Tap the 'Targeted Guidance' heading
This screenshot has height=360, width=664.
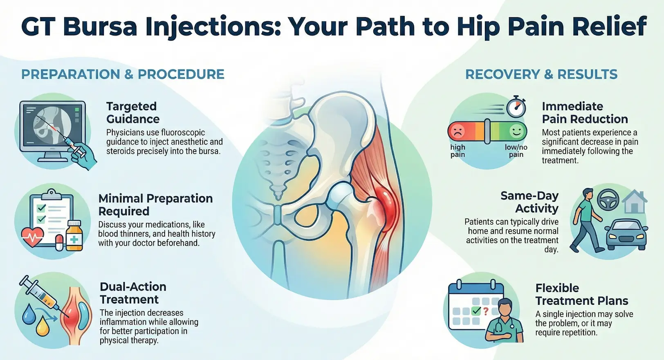pyautogui.click(x=133, y=113)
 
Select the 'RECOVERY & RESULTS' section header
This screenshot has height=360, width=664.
pyautogui.click(x=541, y=74)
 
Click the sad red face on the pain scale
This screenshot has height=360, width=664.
pyautogui.click(x=458, y=131)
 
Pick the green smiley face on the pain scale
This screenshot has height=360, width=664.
pyautogui.click(x=516, y=131)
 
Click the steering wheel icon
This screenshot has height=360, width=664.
pyautogui.click(x=608, y=200)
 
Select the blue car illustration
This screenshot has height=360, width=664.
pyautogui.click(x=626, y=235)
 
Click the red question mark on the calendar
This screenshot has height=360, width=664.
pyautogui.click(x=486, y=311)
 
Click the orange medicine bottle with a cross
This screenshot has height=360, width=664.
pyautogui.click(x=74, y=236)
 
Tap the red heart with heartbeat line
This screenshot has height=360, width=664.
pyautogui.click(x=33, y=237)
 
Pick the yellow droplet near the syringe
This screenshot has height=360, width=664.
pyautogui.click(x=42, y=326)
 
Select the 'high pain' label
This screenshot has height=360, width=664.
pyautogui.click(x=458, y=151)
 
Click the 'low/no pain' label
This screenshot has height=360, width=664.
pyautogui.click(x=516, y=151)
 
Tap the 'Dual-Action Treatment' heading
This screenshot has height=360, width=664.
pyautogui.click(x=133, y=293)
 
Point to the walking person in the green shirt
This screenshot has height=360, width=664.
pyautogui.click(x=585, y=220)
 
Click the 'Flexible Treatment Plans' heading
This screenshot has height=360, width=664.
pyautogui.click(x=581, y=294)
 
